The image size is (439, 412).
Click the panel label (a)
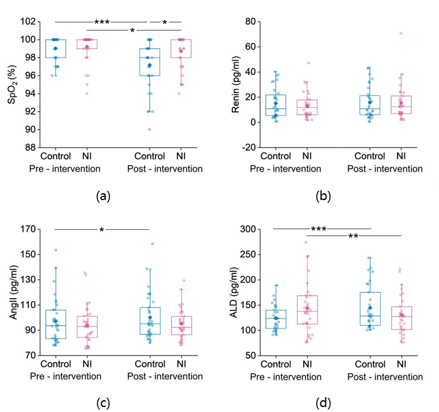tap(103, 196)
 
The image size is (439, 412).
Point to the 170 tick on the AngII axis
tap(26, 229)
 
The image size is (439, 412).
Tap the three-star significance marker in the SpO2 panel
tap(102, 23)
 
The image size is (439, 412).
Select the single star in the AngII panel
tap(101, 230)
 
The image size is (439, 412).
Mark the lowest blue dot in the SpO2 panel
tap(149, 129)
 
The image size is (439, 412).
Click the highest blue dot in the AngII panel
tap(151, 244)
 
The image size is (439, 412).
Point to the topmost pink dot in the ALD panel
tap(305, 242)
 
